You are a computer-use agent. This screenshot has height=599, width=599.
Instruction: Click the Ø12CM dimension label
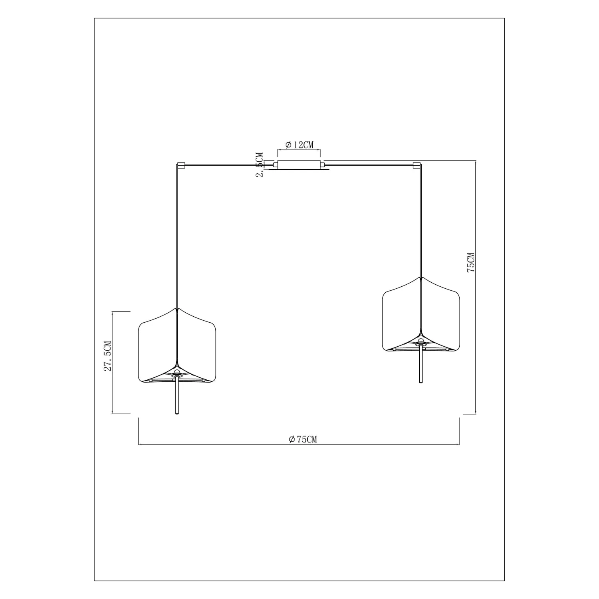click(x=299, y=145)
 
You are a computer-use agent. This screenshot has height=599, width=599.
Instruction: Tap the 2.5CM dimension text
click(x=260, y=165)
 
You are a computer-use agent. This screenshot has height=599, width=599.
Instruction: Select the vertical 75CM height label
click(x=470, y=262)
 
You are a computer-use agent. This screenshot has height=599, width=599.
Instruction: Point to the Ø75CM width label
click(x=303, y=440)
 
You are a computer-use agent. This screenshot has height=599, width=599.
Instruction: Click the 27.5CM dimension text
click(x=107, y=356)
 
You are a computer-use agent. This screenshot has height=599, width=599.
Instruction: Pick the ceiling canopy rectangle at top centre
click(x=299, y=164)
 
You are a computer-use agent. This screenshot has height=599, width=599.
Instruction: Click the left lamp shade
click(x=177, y=345)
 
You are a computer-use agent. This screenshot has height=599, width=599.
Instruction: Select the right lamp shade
click(x=421, y=314)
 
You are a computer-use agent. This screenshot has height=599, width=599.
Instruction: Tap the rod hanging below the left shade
click(x=177, y=396)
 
